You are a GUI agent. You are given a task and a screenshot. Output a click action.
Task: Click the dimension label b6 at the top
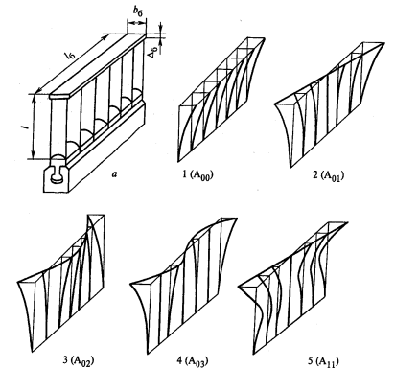click(137, 11)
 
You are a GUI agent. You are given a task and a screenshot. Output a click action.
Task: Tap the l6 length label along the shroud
click(70, 56)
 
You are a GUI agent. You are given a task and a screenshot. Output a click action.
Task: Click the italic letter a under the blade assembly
click(114, 173)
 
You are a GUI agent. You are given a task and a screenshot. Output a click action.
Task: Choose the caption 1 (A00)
click(197, 175)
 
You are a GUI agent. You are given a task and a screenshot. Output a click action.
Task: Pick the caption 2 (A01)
click(329, 175)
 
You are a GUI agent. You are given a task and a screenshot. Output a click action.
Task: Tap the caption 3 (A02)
click(79, 360)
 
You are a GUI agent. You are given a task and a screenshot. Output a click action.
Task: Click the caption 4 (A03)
click(193, 360)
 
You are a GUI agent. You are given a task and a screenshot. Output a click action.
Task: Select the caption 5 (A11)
click(323, 361)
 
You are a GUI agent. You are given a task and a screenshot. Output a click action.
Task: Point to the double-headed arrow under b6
click(137, 23)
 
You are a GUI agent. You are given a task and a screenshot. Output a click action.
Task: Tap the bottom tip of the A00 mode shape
click(179, 160)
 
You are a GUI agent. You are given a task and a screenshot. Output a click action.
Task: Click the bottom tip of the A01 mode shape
click(290, 167)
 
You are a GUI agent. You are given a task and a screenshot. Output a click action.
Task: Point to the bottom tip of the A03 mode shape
click(148, 353)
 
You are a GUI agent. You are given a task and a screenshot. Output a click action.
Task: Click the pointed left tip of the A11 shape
click(239, 287)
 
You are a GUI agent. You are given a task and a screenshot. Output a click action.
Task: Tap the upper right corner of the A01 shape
click(384, 43)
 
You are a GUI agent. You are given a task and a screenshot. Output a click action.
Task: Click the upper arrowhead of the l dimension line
click(34, 96)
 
